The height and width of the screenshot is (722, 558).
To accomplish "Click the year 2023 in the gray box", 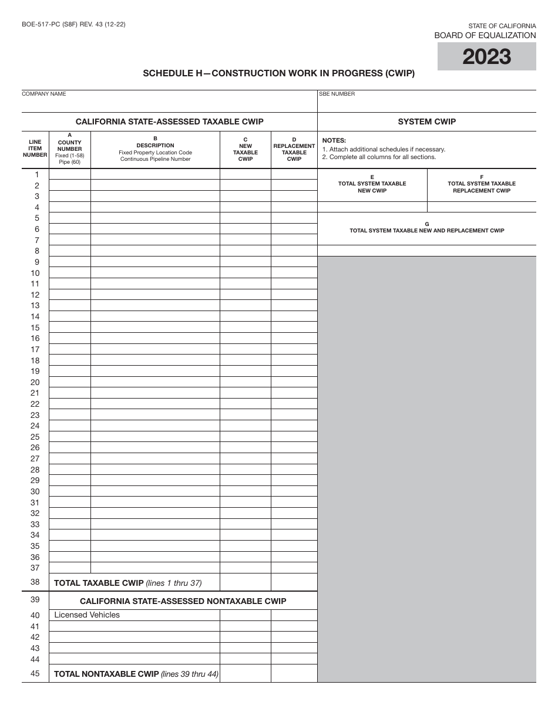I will (x=486, y=57).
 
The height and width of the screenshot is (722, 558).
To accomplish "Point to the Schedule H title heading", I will (x=279, y=73).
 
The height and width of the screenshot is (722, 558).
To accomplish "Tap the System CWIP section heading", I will (x=426, y=122).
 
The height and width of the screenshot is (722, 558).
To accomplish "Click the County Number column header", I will (x=70, y=149).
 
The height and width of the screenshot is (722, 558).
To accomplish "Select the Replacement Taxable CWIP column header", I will (x=294, y=149).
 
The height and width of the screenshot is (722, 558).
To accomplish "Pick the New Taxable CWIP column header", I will (x=246, y=149).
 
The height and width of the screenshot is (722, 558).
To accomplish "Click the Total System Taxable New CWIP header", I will (x=372, y=184).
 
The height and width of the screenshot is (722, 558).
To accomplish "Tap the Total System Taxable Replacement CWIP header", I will (x=482, y=184).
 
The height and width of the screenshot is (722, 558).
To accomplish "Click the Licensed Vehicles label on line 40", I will (x=87, y=615).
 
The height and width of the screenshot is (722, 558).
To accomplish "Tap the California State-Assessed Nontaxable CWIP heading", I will (x=183, y=601).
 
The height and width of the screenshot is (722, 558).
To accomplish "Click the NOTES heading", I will (x=334, y=140).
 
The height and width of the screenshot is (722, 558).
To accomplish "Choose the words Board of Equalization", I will (x=485, y=35).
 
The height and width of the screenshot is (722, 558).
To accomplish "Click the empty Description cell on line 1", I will (x=155, y=174).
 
